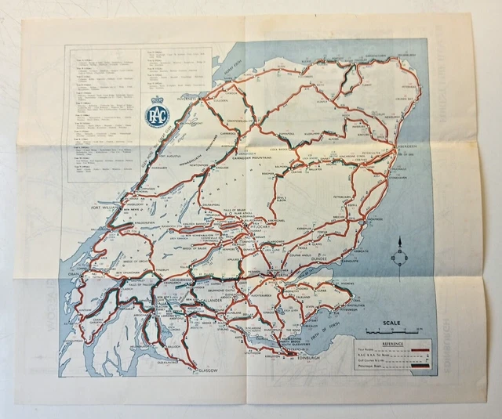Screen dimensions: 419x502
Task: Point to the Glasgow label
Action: [206, 368]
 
